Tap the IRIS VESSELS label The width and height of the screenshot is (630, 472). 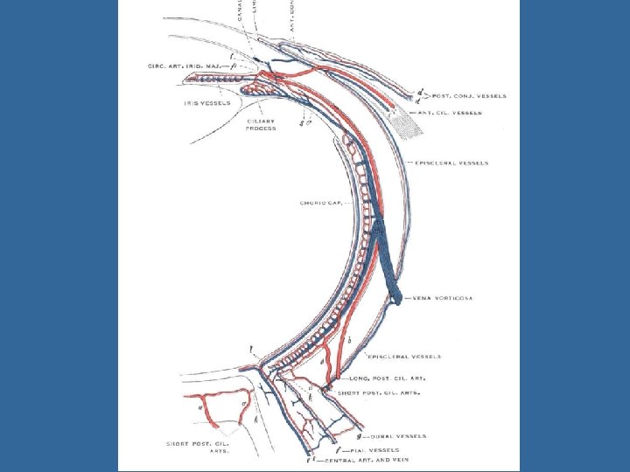coord(207,103)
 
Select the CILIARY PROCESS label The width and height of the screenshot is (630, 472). coord(262,124)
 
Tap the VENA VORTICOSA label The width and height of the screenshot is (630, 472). coord(441,298)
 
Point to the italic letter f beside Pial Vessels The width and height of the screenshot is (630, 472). coord(338,448)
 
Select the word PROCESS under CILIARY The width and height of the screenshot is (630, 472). coord(262,128)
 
